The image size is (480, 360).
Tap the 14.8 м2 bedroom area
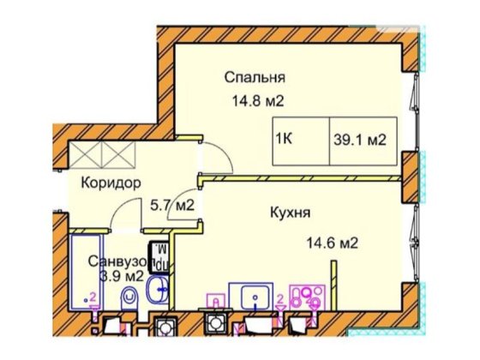point(255,99)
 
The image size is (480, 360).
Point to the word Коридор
point(111,183)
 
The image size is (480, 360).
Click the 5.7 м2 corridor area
point(171,206)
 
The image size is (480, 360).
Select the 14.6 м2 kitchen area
point(328,243)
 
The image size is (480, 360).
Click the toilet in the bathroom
point(129,302)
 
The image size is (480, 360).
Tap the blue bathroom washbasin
point(159,289)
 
